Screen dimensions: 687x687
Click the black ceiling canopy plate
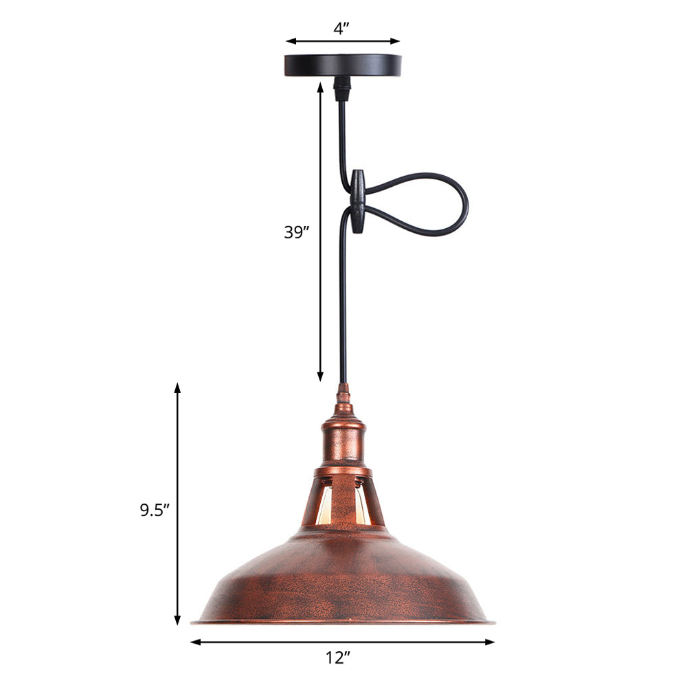343,65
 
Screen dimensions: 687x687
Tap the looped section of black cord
426,204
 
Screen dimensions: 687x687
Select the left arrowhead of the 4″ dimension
290,41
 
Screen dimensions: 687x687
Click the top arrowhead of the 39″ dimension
320,87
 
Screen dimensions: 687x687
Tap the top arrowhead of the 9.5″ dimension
177,387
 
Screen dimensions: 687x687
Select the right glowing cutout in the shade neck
362,506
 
